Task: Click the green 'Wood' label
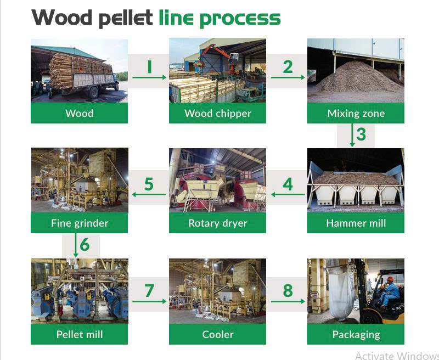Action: click(79, 114)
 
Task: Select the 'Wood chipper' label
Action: click(218, 114)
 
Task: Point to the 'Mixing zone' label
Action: click(356, 114)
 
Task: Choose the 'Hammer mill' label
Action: click(356, 223)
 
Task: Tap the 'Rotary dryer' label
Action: click(218, 223)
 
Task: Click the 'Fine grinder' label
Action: click(79, 223)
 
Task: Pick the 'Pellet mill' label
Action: click(79, 334)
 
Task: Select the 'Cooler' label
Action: click(218, 334)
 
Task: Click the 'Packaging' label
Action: click(356, 334)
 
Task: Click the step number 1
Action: click(149, 66)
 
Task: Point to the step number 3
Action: click(361, 134)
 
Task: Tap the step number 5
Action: click(149, 184)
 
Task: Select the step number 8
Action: click(288, 290)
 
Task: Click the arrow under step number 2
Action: click(288, 78)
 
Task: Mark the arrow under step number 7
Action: click(149, 301)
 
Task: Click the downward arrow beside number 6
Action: click(76, 245)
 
